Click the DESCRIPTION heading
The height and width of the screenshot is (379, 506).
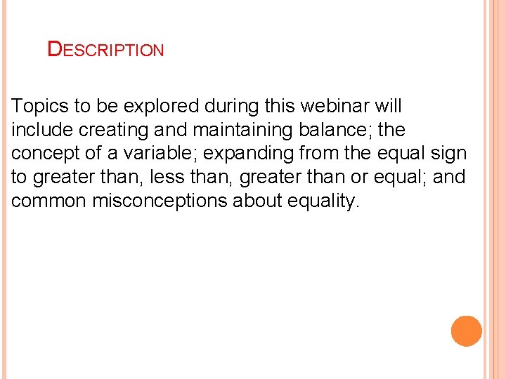click(x=105, y=50)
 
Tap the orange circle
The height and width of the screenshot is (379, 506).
click(x=467, y=331)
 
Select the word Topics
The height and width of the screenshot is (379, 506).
click(x=40, y=107)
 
